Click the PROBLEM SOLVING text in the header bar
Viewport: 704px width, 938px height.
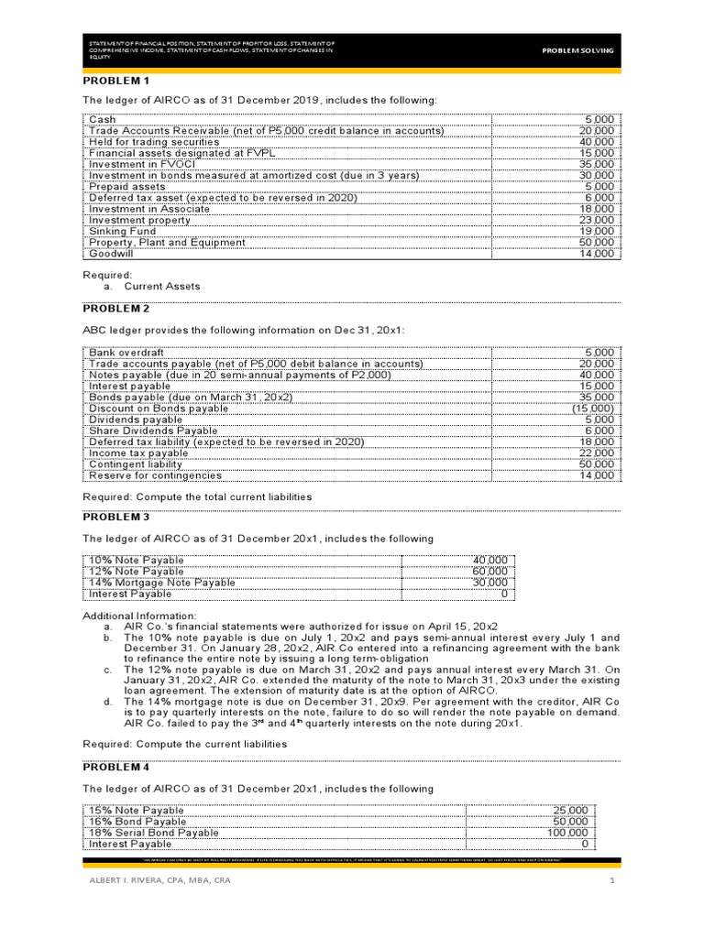point(577,50)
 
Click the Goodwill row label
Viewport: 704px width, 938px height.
point(110,254)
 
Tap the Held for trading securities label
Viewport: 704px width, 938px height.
point(153,142)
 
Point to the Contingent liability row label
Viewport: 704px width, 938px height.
point(136,464)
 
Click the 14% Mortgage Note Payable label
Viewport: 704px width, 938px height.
point(161,583)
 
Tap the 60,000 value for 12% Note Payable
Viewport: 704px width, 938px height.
point(489,572)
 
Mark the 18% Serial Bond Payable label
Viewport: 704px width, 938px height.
point(153,833)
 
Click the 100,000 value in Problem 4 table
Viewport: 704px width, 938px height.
point(568,833)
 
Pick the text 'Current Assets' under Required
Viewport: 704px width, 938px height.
point(161,286)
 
